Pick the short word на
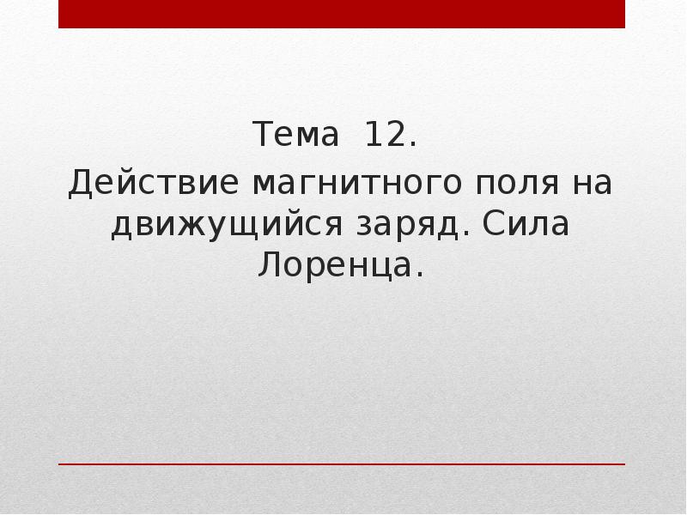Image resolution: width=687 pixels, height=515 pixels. coord(593,184)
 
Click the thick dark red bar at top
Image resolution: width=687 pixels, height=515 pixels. coord(342,15)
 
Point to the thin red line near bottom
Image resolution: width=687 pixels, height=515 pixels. coord(342,464)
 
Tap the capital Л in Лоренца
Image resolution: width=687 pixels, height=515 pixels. coord(267,268)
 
